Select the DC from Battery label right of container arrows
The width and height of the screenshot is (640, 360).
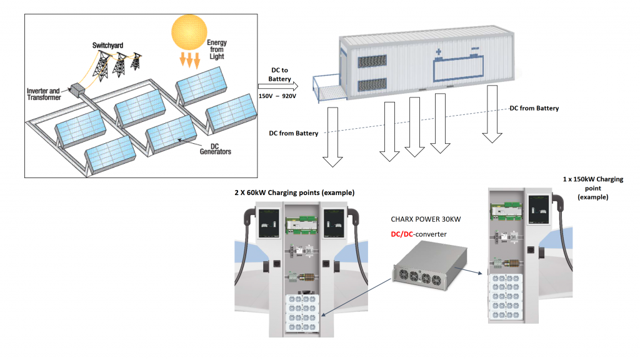click(534, 108)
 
